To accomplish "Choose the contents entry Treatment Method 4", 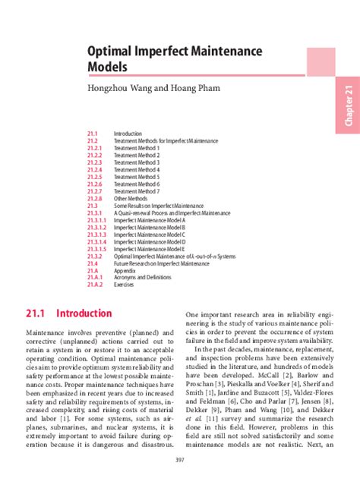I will (137, 169).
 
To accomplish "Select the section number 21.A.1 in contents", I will (94, 278).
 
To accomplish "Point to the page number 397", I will (179, 460).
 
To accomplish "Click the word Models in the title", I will (109, 68).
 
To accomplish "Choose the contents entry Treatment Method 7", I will (137, 191).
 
